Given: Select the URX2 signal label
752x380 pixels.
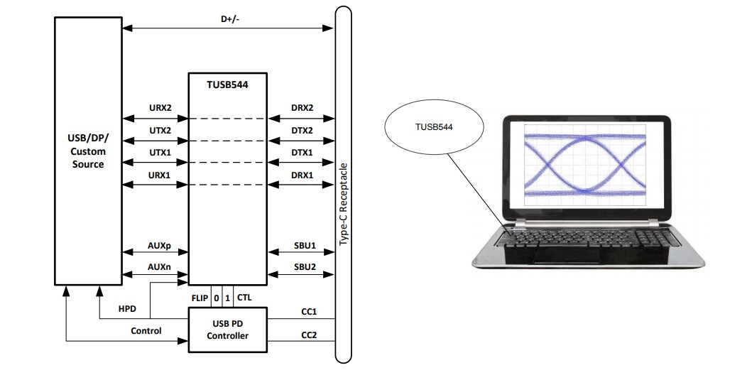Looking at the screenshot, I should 159,107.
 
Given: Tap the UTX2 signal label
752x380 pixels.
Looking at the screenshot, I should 159,130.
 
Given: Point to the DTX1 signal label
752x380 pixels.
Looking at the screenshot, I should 302,153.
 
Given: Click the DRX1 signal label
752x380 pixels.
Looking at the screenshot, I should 302,175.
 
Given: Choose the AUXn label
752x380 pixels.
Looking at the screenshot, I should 159,266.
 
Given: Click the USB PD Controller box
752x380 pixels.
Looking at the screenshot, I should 227,330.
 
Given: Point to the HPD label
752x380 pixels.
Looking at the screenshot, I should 128,309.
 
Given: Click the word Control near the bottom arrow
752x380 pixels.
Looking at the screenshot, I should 146,330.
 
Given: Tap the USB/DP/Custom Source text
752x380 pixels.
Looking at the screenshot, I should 88,151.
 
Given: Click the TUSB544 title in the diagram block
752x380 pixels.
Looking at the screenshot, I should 227,84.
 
